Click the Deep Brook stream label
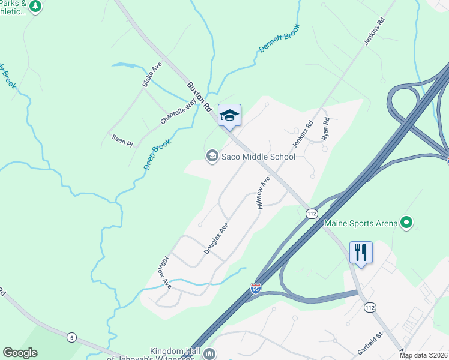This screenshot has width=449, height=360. pyautogui.click(x=158, y=154)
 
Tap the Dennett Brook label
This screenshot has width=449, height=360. pyautogui.click(x=279, y=40)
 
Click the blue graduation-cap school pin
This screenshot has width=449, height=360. pyautogui.click(x=229, y=115)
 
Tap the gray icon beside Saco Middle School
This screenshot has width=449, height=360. pyautogui.click(x=212, y=156)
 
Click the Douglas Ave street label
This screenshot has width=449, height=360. pyautogui.click(x=216, y=239)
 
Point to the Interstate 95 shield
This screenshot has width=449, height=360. pyautogui.click(x=256, y=289)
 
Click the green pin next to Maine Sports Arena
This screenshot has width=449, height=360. pyautogui.click(x=406, y=223)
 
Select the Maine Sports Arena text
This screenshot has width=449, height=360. pyautogui.click(x=361, y=224)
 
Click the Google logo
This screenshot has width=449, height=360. pyautogui.click(x=20, y=353)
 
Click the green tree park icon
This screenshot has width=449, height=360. pyautogui.click(x=35, y=7)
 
